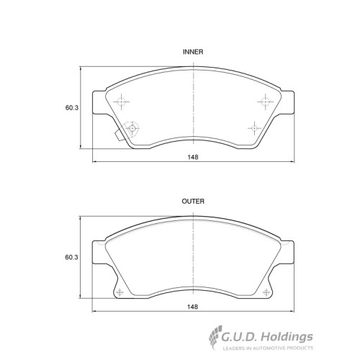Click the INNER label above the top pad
coord(193,52)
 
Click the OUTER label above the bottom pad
coord(193,202)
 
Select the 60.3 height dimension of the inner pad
coord(72,108)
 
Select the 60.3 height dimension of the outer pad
coord(72,257)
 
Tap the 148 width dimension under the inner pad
coord(193,157)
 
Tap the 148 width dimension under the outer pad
coord(193,307)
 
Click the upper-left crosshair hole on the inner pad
coord(122,102)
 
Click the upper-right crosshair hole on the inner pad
coord(265,102)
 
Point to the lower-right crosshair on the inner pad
coord(254,128)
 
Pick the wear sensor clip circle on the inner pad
coord(132,128)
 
